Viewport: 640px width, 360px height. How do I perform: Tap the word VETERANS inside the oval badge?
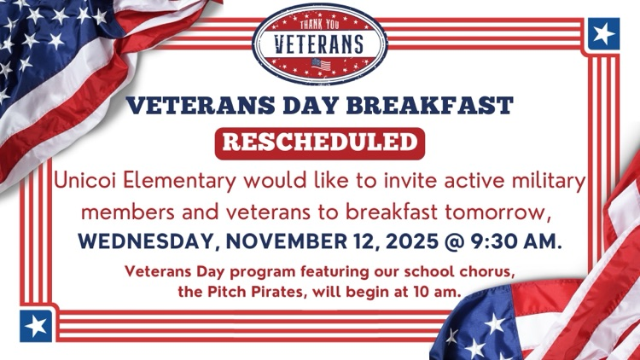(320, 43)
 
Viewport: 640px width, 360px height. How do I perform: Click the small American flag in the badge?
(320, 65)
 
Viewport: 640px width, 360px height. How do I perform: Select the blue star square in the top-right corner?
(603, 34)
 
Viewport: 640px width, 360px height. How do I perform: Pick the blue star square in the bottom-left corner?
(36, 325)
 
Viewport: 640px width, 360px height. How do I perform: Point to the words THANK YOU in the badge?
(320, 22)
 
